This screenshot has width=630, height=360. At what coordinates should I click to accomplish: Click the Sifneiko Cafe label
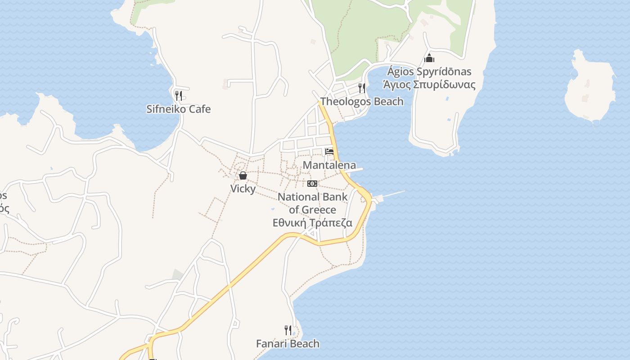[x=178, y=109]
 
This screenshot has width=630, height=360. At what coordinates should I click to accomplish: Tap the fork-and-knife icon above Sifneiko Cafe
[x=178, y=95]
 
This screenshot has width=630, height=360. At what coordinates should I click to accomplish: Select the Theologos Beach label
[x=362, y=101]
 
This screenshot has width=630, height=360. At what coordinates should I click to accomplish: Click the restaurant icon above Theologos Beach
[x=361, y=87]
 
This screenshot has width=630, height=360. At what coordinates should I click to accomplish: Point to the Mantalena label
[x=329, y=165]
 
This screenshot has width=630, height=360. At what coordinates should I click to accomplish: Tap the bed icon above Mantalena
[x=329, y=152]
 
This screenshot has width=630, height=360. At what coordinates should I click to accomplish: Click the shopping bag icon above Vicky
[x=243, y=175]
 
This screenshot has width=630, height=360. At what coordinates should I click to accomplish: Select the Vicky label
[x=243, y=189]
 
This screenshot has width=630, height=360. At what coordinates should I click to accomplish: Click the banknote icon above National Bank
[x=312, y=184]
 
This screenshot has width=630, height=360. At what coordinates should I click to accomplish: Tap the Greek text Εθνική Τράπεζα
[x=312, y=223]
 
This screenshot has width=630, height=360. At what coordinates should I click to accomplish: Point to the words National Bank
[x=312, y=197]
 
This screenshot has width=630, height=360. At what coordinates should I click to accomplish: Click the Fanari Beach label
[x=288, y=344]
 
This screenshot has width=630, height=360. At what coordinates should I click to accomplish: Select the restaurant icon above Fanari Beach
[x=288, y=330]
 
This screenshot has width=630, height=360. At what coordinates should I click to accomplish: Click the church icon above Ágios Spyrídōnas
[x=429, y=58]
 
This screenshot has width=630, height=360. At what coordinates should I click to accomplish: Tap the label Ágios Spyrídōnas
[x=429, y=72]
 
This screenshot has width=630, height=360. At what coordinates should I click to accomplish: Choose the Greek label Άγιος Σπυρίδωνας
[x=429, y=84]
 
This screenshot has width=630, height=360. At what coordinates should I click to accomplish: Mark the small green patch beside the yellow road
[x=178, y=274]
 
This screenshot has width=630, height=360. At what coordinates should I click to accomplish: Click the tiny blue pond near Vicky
[x=273, y=209]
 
